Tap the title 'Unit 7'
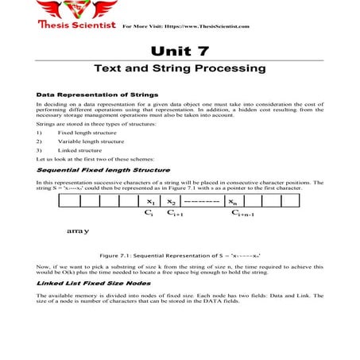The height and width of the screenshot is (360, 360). point(180,50)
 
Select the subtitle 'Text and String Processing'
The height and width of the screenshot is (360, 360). point(180,69)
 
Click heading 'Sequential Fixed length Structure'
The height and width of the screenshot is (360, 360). point(91,170)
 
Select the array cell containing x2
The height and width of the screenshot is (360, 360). point(172,202)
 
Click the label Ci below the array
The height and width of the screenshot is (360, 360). point(149,214)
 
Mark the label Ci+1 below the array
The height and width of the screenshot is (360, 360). point(175,215)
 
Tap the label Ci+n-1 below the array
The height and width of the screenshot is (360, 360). point(246,215)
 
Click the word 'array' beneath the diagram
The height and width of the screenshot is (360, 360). point(77,231)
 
